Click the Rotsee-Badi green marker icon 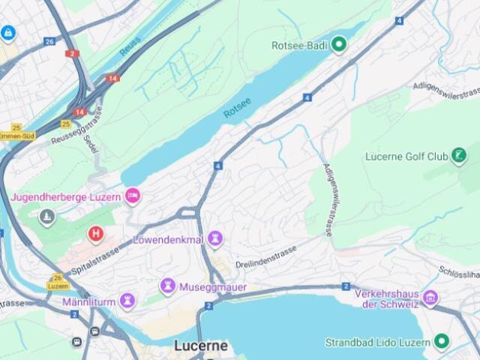pos(339,45)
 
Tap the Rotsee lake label pos(237,108)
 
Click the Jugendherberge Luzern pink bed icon pos(133,196)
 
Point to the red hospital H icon pos(95,234)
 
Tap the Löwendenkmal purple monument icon pos(215,239)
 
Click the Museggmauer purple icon pos(167,286)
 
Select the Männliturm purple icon pos(127,301)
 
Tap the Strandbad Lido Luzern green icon pos(442,342)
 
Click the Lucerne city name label pos(200,346)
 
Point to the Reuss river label pos(130,46)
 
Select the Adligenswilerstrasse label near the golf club pos(328,200)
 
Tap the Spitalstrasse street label pos(95,259)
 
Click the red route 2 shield pos(72,53)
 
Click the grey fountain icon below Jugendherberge pos(47,217)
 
